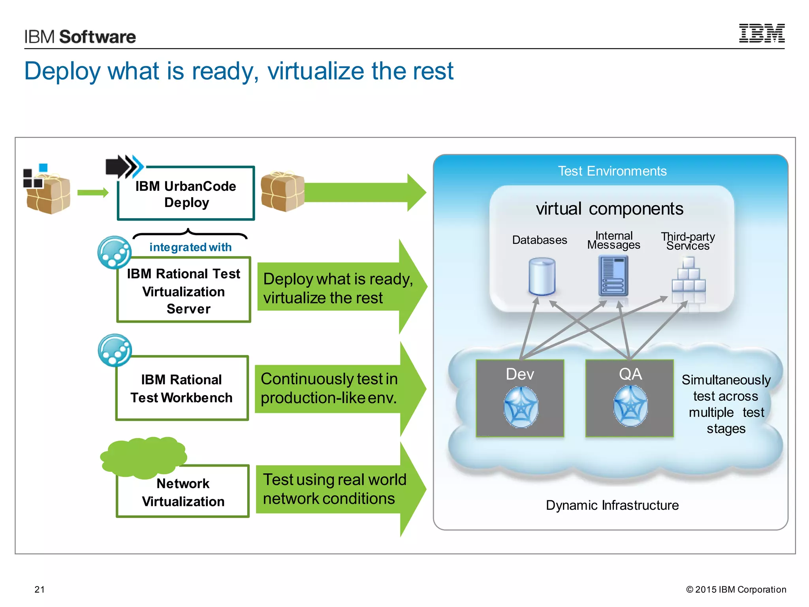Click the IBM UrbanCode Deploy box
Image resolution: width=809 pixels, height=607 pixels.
186,194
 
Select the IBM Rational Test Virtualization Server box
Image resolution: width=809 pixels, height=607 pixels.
184,290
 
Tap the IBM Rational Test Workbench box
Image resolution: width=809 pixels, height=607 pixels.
182,388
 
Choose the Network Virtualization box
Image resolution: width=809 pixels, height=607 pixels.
183,492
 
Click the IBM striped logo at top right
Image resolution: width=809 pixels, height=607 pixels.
762,33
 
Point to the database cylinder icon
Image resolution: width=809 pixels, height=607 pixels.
542,276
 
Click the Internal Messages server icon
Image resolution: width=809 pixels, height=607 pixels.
613,276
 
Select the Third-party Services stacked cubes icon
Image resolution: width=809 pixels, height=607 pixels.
689,277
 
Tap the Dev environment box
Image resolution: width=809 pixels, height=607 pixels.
520,398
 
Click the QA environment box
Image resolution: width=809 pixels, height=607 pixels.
630,398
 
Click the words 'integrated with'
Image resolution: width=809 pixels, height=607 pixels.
190,247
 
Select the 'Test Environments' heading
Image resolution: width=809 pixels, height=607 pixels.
612,171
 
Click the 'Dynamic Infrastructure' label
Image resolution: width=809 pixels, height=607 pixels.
612,505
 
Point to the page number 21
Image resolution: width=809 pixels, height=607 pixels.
40,589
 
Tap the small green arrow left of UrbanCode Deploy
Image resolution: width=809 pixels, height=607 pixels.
92,192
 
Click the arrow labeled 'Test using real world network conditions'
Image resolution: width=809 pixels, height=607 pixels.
340,489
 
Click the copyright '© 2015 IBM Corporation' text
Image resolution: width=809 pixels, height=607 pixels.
736,589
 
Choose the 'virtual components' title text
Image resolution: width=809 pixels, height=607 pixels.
609,209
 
